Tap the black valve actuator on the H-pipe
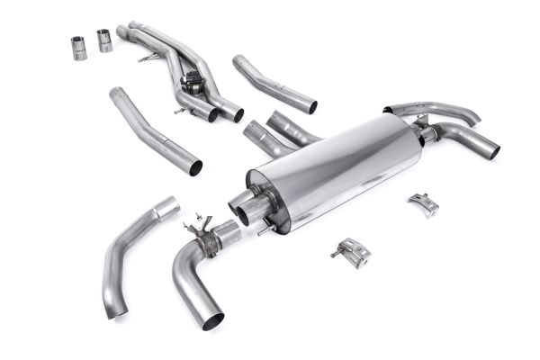coord(191,83)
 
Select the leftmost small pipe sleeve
coord(79,48)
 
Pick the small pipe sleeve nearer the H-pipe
coord(105,40)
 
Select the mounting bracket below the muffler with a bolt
coord(354,253)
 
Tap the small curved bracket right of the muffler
coord(423,204)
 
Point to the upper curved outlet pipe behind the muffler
coord(441,110)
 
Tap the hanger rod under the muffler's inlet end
coord(263,230)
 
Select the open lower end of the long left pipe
coord(194,166)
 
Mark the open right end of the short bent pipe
coord(310,106)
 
